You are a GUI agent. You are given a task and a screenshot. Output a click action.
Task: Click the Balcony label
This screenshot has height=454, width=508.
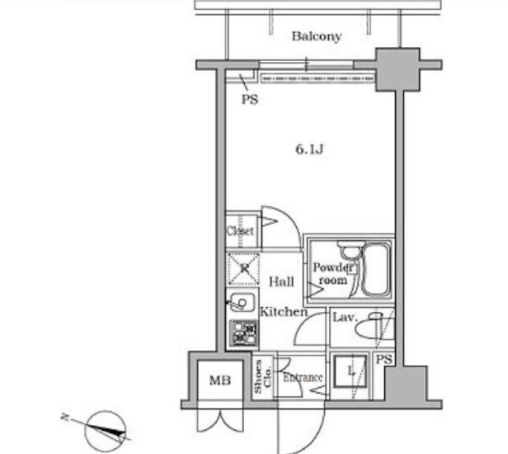point(316,36)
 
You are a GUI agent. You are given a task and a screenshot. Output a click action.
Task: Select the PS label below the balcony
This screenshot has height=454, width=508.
point(249,100)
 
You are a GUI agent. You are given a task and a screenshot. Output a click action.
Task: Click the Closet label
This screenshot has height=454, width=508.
point(240,232)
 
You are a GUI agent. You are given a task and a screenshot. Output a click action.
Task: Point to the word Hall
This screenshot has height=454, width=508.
point(281,281)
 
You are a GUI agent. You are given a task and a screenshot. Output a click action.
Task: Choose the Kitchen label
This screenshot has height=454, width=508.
point(284,312)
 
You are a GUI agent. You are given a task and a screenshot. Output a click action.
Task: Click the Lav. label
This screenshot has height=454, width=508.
point(343,317)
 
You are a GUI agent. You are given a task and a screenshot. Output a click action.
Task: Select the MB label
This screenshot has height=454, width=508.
point(219,381)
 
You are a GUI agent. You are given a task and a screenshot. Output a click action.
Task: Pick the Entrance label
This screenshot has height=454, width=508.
point(303,378)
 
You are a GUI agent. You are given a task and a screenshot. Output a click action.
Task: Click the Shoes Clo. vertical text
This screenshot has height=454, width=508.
point(261,379)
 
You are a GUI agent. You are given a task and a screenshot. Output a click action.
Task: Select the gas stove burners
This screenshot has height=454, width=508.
point(243,333)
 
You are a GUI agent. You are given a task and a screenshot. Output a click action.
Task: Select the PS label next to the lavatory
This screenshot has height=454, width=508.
point(383,359)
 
